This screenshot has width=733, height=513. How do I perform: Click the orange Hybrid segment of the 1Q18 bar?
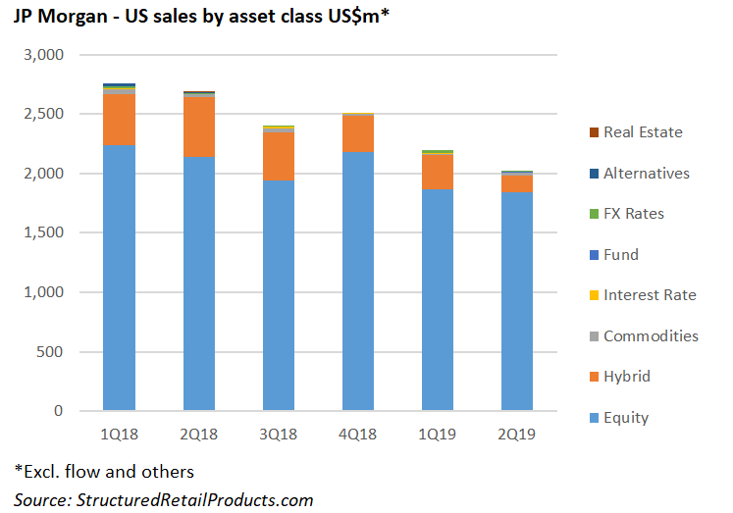[119, 119]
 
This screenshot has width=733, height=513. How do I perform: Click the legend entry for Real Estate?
[643, 131]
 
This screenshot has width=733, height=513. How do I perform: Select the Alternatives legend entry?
[646, 173]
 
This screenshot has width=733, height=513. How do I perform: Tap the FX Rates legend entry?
[633, 214]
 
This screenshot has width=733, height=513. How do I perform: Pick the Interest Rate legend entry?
[650, 295]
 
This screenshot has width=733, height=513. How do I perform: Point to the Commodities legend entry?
[651, 336]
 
